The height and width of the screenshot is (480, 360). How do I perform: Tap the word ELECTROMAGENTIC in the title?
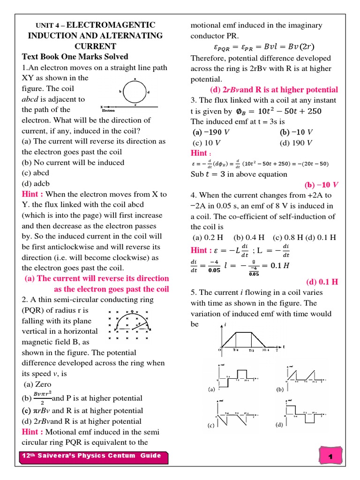111,25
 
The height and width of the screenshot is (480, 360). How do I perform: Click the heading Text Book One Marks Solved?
75,57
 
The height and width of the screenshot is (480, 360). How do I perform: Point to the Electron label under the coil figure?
108,111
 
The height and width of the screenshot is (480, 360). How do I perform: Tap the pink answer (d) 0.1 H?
322,282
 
